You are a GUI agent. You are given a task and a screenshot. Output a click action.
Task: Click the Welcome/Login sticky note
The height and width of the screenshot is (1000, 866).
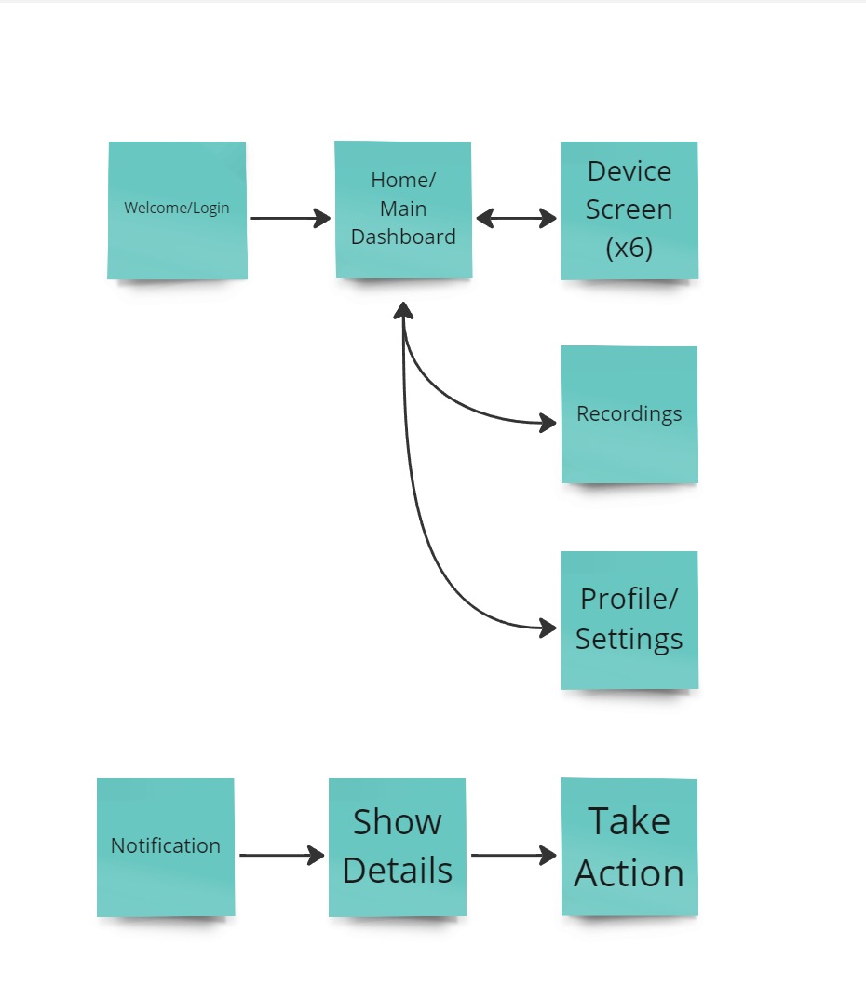(x=177, y=209)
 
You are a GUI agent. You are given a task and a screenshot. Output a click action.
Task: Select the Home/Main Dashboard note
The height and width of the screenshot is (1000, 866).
(x=403, y=209)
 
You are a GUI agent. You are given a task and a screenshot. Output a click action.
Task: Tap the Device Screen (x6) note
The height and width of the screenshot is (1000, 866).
(x=629, y=209)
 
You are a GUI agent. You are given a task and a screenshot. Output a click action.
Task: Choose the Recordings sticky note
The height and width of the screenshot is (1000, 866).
(x=629, y=414)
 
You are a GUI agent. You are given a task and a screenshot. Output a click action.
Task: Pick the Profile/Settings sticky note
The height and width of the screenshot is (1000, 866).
(x=629, y=619)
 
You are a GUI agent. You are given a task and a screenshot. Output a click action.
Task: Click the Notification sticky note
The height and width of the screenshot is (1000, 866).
(x=166, y=846)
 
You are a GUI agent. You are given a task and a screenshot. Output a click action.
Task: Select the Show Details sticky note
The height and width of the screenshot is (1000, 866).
(x=398, y=846)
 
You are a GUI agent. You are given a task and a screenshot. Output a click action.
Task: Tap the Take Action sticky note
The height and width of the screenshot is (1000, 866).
(x=629, y=846)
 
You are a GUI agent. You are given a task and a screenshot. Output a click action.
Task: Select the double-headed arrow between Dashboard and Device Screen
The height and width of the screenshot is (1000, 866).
(x=516, y=219)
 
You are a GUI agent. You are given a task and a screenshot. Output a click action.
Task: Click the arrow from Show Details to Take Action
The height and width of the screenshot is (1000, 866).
(x=513, y=856)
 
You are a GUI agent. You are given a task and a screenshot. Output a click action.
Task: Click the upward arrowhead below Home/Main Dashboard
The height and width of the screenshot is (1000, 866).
(x=403, y=310)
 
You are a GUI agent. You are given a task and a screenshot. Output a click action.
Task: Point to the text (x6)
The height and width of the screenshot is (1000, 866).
(x=629, y=249)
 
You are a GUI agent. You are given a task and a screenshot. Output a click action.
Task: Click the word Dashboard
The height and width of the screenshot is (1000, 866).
(x=403, y=236)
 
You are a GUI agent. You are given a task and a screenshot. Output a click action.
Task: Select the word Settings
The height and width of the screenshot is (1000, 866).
(x=629, y=640)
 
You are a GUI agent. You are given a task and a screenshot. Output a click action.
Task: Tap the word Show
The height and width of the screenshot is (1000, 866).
(x=398, y=822)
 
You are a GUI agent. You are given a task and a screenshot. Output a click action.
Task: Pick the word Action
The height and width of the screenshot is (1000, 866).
(x=629, y=873)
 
